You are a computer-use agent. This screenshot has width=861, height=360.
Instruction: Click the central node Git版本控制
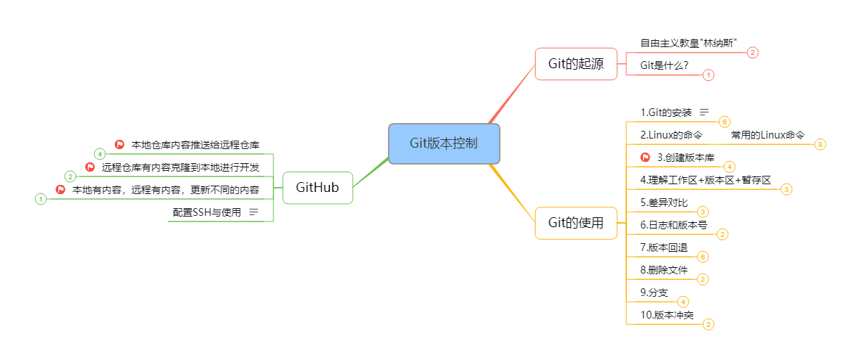click(444, 143)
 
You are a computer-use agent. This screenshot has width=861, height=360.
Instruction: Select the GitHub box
click(318, 188)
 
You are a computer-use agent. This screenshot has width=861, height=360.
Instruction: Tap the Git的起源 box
click(576, 64)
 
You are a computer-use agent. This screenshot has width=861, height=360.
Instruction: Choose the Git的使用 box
click(576, 223)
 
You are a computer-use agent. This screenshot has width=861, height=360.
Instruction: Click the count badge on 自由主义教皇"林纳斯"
click(753, 52)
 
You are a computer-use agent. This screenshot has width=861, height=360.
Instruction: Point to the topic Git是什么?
click(664, 65)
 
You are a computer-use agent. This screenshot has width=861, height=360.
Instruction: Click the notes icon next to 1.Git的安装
click(704, 112)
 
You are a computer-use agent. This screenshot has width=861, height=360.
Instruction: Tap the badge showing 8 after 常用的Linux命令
click(820, 144)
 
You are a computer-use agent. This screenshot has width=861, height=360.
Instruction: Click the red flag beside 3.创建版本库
click(645, 157)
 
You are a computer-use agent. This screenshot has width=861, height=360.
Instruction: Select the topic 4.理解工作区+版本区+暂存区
click(706, 180)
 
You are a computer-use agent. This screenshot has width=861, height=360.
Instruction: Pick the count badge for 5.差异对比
click(703, 212)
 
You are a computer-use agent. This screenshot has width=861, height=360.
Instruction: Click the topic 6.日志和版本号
click(674, 225)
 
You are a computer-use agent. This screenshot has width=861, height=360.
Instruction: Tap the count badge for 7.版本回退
click(703, 257)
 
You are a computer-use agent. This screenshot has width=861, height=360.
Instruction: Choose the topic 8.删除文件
click(663, 270)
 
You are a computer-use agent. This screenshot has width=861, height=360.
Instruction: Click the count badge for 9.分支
click(683, 302)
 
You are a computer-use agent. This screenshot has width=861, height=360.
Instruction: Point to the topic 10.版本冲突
click(667, 315)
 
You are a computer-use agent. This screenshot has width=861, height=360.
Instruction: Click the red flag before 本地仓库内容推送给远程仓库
click(119, 144)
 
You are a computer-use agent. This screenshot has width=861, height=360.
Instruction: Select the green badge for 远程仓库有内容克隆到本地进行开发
click(70, 176)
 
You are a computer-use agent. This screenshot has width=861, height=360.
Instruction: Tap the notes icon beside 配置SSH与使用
click(254, 212)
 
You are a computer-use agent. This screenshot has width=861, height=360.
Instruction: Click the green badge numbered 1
click(41, 199)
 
